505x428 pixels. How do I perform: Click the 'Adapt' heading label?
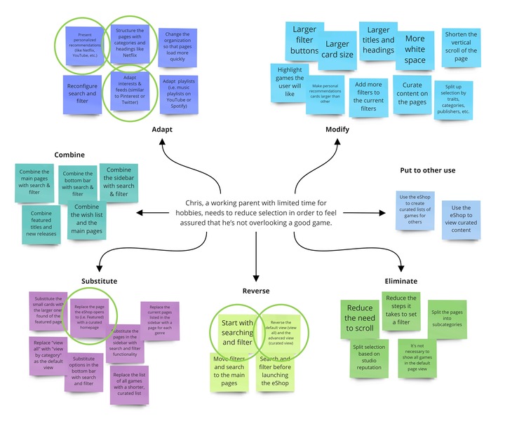pyautogui.click(x=162, y=130)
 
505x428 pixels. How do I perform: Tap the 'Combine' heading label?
pyautogui.click(x=69, y=154)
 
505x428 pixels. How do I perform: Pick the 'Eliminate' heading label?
pyautogui.click(x=400, y=281)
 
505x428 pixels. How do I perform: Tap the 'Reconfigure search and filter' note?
pyautogui.click(x=82, y=94)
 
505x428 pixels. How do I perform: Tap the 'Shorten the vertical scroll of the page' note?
pyautogui.click(x=460, y=46)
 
